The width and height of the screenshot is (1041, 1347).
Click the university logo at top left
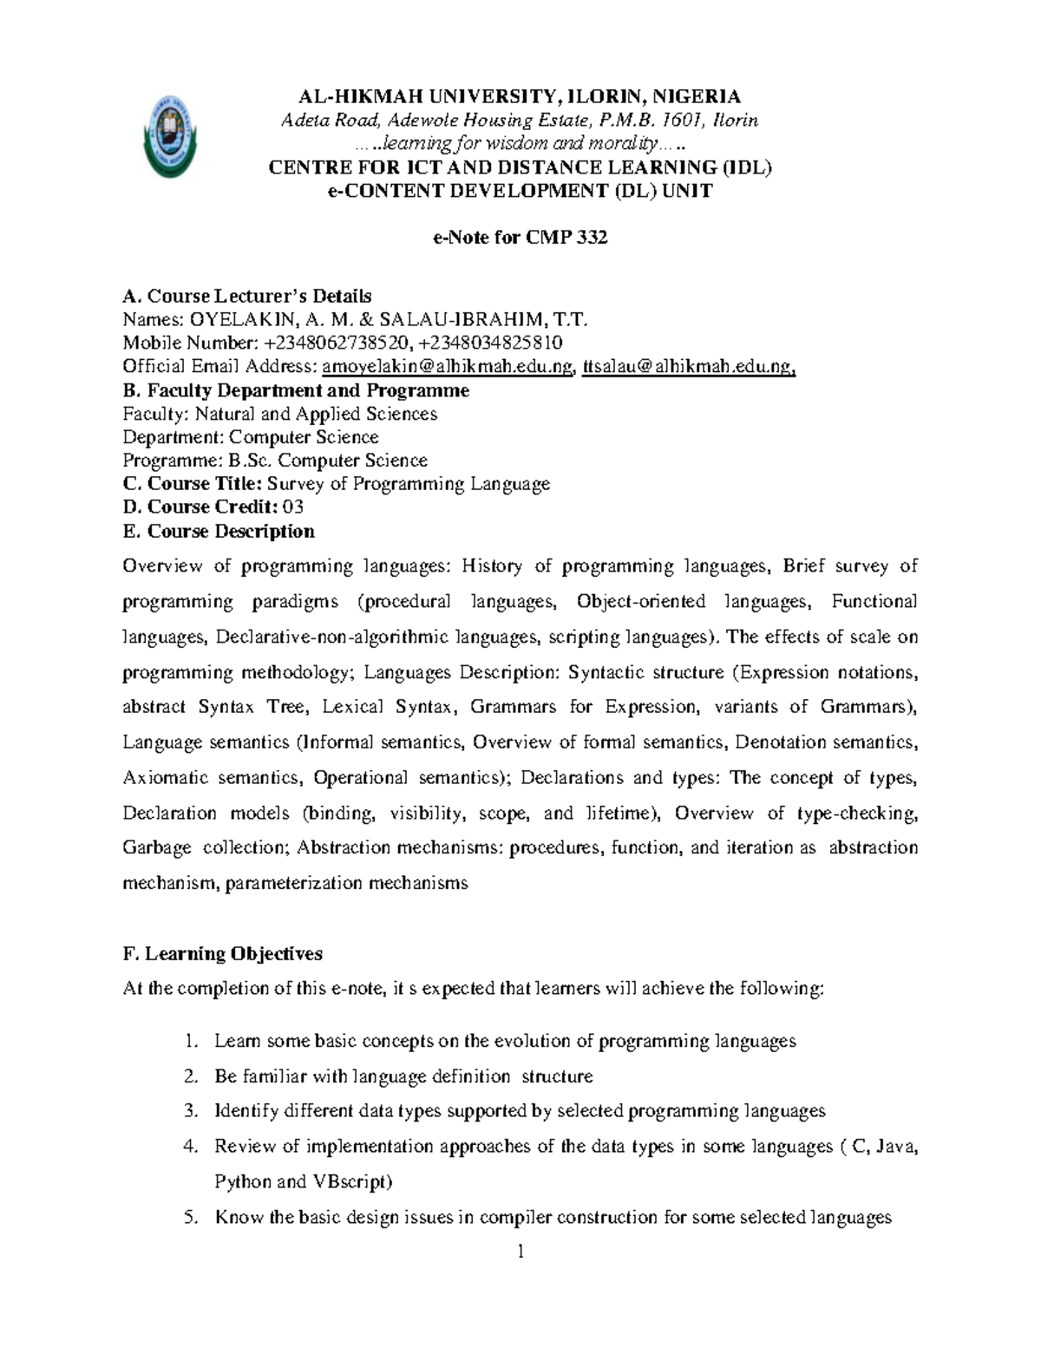tap(170, 138)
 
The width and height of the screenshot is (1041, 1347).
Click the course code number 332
tap(591, 238)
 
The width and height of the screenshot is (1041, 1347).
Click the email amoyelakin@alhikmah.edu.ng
tap(448, 367)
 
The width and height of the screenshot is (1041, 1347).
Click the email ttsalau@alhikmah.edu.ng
tap(688, 367)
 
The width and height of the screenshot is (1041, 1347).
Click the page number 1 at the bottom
tap(520, 1252)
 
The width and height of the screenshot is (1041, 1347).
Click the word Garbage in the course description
tap(157, 847)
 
